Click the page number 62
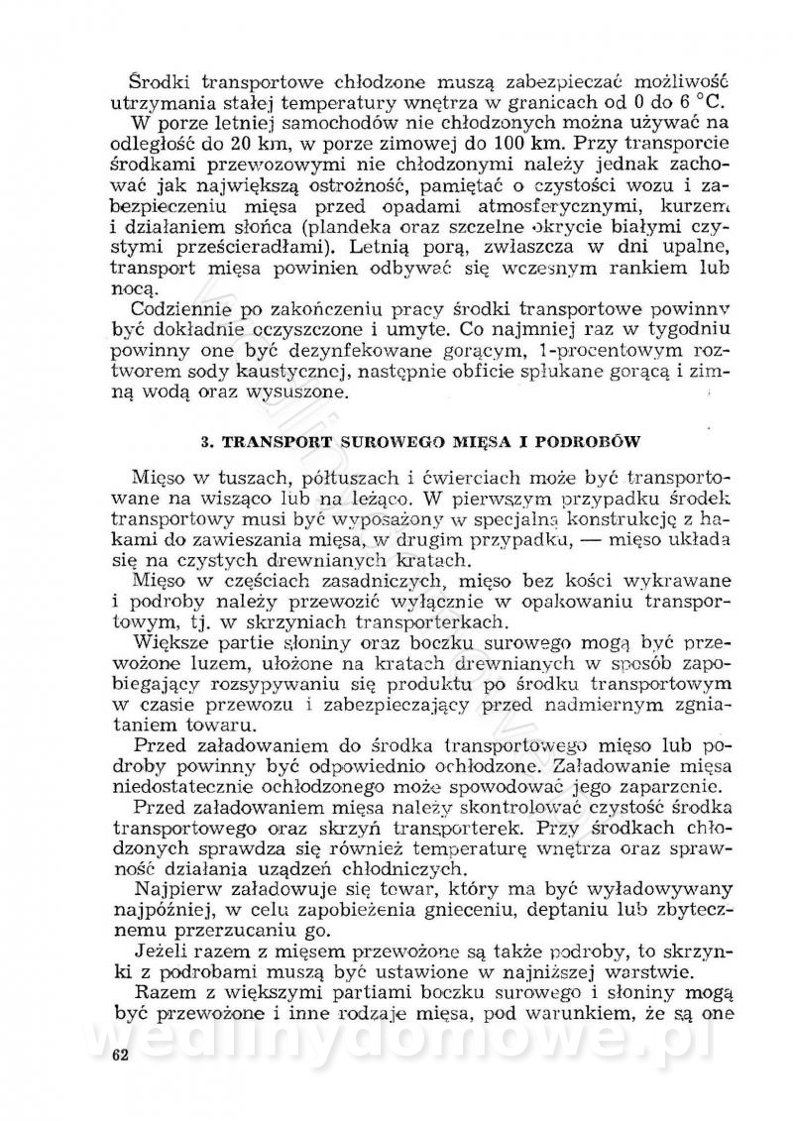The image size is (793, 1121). pyautogui.click(x=121, y=1054)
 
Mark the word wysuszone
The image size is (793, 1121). pyautogui.click(x=304, y=392)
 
